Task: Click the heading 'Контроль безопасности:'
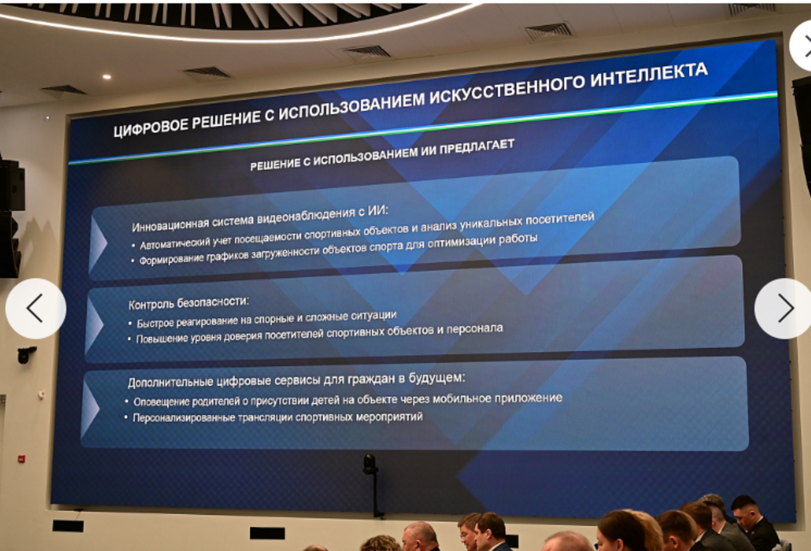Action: click(189, 303)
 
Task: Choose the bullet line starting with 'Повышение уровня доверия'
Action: click(319, 334)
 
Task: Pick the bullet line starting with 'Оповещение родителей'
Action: click(348, 400)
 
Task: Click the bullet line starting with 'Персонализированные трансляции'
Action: click(277, 417)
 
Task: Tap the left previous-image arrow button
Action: click(35, 308)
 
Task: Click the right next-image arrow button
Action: click(784, 308)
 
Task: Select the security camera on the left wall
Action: click(25, 354)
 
